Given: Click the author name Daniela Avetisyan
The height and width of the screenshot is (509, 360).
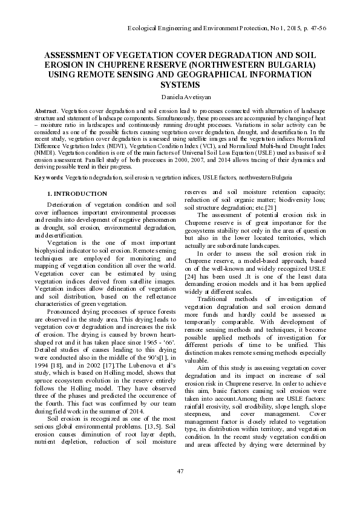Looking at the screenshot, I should coord(180,96).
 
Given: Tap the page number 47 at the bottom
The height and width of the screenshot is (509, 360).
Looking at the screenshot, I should coord(180,471).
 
